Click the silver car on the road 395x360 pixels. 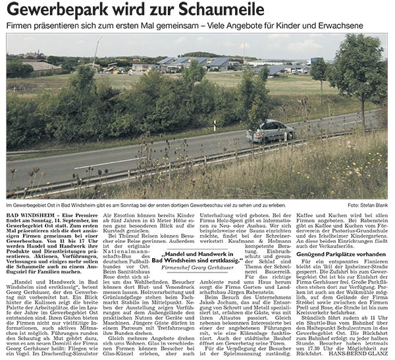[270, 130]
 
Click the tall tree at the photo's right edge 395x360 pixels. [369, 72]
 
